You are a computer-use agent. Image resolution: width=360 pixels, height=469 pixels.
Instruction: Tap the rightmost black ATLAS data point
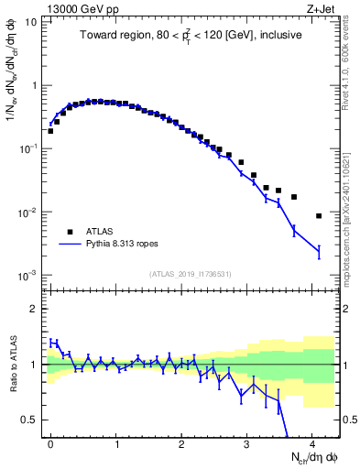319,216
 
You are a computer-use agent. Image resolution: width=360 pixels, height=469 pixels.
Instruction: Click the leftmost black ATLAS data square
50,131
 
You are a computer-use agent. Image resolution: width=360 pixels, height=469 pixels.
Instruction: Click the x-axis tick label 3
247,442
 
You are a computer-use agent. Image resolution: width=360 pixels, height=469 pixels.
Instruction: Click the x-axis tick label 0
50,442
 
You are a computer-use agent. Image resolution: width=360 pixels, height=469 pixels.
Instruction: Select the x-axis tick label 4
312,442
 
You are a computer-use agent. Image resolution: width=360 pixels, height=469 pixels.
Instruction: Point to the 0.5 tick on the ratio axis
32,420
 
